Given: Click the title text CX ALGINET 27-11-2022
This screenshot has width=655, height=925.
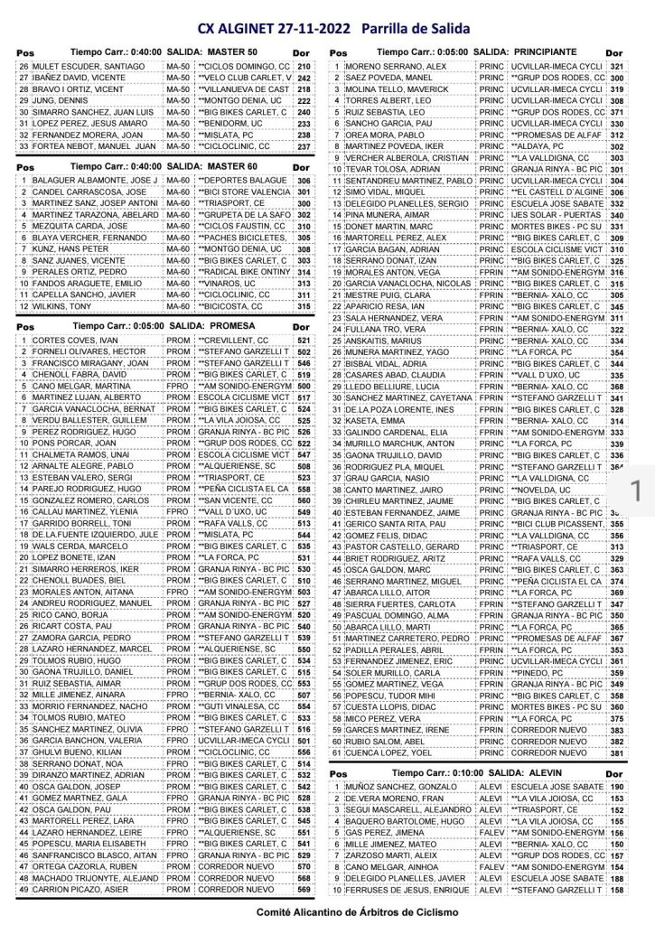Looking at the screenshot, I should (x=271, y=28).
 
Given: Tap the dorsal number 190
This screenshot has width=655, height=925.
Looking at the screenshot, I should (x=617, y=788).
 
